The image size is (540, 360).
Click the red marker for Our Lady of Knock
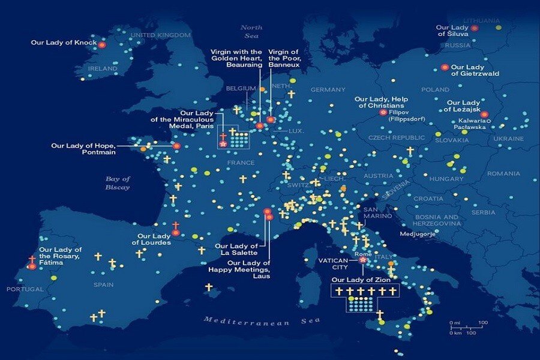[102, 44]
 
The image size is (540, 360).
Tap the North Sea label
[251, 31]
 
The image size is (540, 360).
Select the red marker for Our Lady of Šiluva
[475, 28]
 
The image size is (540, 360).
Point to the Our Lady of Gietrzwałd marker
[445, 67]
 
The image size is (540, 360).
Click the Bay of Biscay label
[118, 183]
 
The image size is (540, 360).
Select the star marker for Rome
[362, 260]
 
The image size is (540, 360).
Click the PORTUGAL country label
[25, 289]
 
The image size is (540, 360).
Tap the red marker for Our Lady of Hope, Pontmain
[176, 146]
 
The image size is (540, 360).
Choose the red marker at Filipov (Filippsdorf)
[383, 112]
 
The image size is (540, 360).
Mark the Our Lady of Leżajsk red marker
[484, 115]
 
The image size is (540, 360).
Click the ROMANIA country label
[503, 173]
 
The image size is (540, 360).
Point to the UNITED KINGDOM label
[160, 35]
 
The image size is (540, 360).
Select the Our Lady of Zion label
[361, 280]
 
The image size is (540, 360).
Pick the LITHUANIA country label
[481, 20]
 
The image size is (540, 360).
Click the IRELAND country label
[103, 69]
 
